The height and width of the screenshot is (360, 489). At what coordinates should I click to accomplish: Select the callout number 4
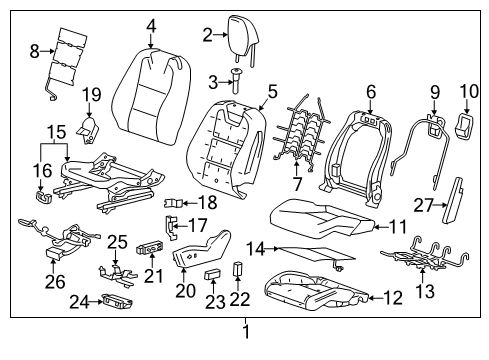click(150, 26)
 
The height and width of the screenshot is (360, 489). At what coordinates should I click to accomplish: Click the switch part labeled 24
click(115, 300)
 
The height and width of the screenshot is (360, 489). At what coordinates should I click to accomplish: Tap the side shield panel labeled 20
click(205, 251)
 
